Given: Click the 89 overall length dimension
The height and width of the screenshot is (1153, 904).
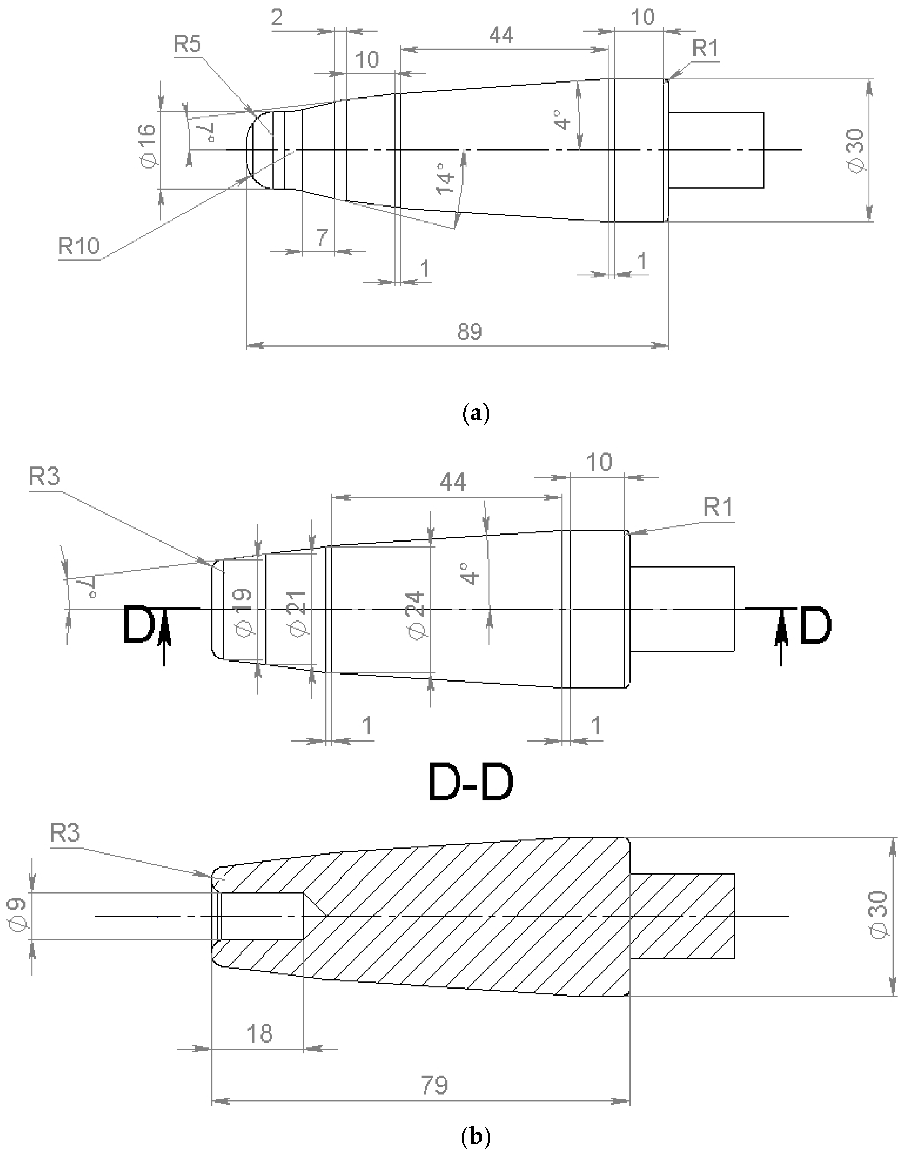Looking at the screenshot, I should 469,332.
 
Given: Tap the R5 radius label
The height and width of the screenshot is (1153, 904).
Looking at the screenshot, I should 187,45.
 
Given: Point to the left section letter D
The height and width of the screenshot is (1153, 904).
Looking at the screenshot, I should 137,626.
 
